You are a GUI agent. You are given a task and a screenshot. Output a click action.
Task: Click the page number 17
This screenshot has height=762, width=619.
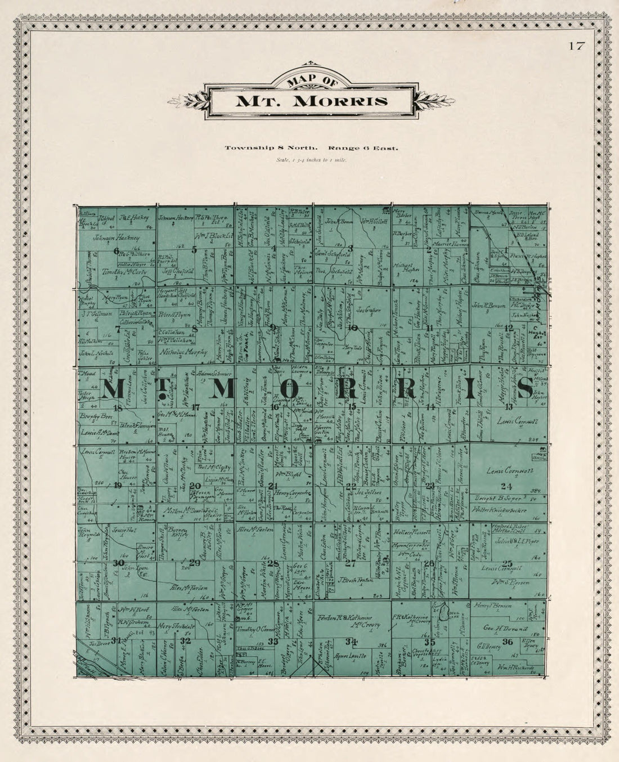(x=576, y=46)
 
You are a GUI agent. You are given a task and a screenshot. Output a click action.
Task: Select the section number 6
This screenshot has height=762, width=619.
(x=116, y=251)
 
